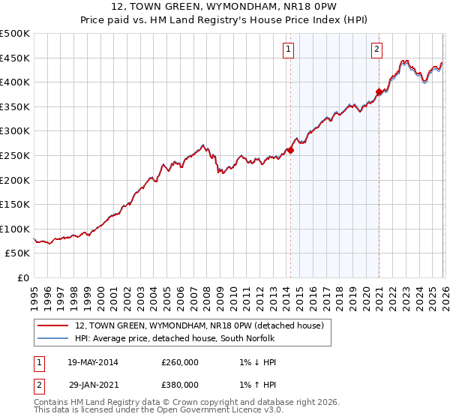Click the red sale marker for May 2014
pyautogui.click(x=290, y=150)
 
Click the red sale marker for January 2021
pyautogui.click(x=379, y=92)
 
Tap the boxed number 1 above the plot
pyautogui.click(x=289, y=50)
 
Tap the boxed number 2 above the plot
pyautogui.click(x=376, y=50)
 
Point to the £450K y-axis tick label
pyautogui.click(x=15, y=58)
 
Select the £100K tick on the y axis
pyautogui.click(x=15, y=229)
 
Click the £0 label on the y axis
pyautogui.click(x=22, y=277)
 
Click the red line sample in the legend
pyautogui.click(x=52, y=325)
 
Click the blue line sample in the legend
pyautogui.click(x=52, y=339)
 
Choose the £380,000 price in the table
pyautogui.click(x=179, y=385)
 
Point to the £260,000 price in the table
pyautogui.click(x=179, y=362)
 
